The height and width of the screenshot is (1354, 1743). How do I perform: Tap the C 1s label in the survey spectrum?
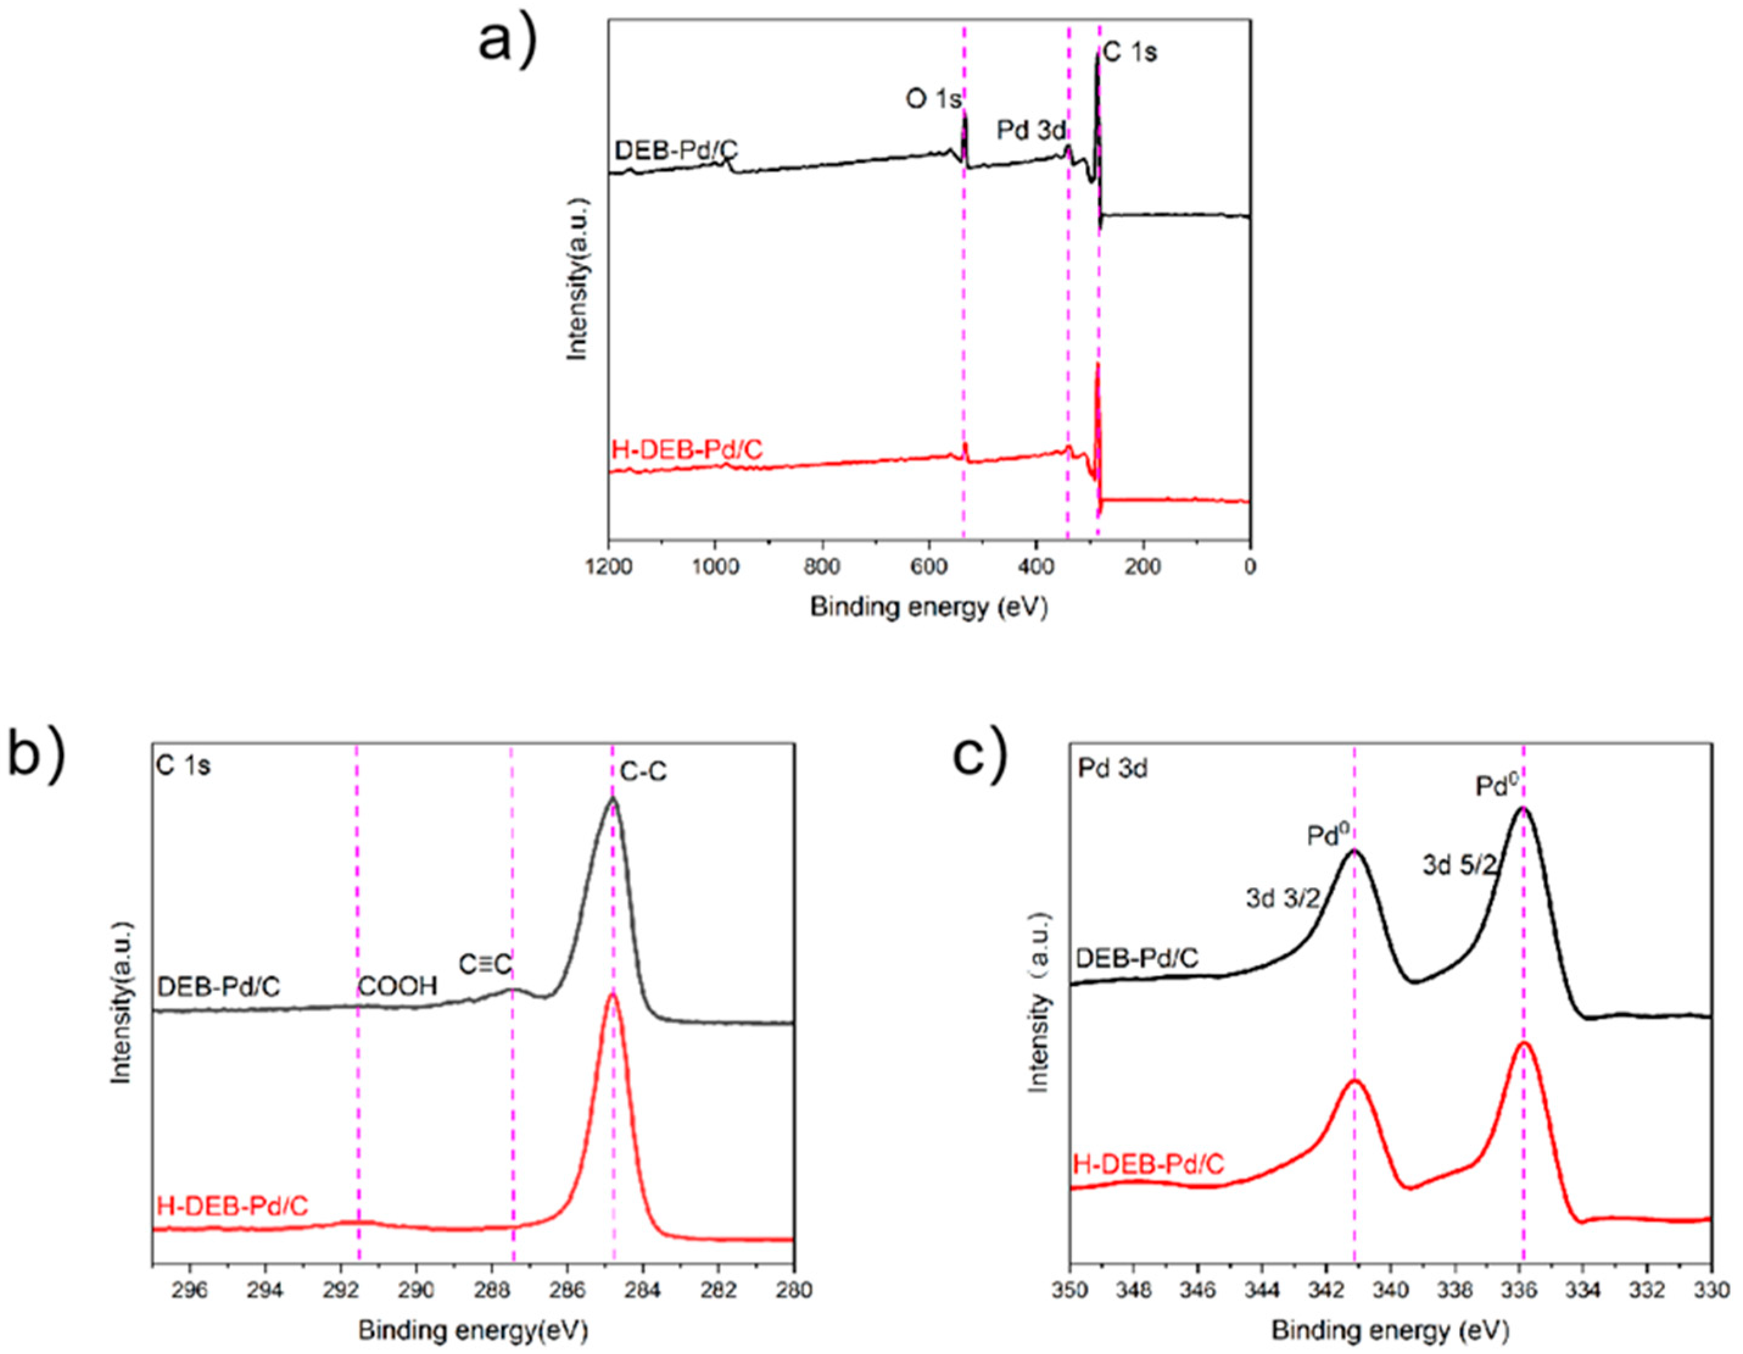1130,52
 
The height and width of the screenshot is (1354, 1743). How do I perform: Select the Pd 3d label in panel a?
1030,132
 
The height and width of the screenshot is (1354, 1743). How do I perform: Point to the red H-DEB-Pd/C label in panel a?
687,450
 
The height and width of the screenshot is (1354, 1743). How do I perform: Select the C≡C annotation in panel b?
484,965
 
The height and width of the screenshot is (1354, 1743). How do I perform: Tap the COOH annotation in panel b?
398,987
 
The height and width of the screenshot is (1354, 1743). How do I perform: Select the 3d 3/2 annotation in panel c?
1283,899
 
